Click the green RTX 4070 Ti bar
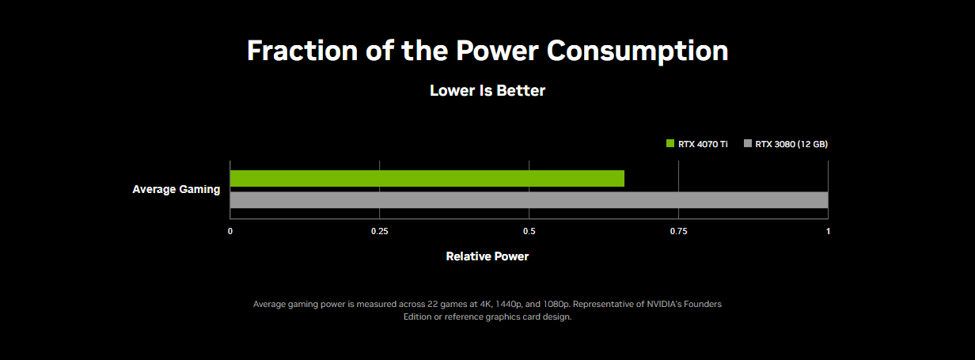tap(427, 179)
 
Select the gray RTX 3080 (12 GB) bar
tap(529, 200)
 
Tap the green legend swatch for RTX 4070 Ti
tap(670, 144)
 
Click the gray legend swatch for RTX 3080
tap(748, 144)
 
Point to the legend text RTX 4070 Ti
tap(703, 144)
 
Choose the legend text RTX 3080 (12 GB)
tap(791, 144)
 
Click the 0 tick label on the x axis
tap(230, 232)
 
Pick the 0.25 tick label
tap(380, 232)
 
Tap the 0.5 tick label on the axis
tap(529, 232)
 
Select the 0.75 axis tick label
tap(678, 232)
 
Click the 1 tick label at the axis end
tap(829, 232)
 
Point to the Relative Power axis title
tap(487, 256)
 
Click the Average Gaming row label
tap(176, 189)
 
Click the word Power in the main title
tap(497, 51)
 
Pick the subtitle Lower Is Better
tap(487, 90)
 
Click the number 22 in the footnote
tap(432, 304)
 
